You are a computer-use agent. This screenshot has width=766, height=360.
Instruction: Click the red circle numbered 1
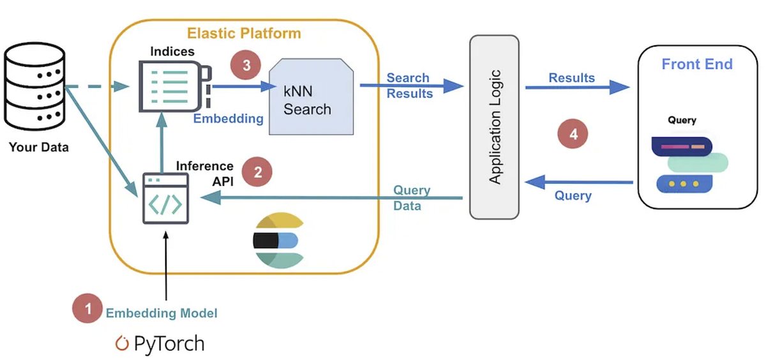click(88, 310)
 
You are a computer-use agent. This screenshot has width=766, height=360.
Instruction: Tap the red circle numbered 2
click(257, 172)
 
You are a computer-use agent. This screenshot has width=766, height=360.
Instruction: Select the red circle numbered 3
click(246, 66)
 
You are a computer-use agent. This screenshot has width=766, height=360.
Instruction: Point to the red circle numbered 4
click(573, 135)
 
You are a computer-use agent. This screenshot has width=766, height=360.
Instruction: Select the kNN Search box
click(311, 96)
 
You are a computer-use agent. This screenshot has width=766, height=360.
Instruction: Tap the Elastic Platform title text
click(243, 33)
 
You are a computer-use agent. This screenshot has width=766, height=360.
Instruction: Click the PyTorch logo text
click(160, 344)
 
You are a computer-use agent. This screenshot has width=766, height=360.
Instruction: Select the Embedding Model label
click(161, 313)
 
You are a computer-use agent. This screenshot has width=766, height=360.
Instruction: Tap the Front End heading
click(697, 64)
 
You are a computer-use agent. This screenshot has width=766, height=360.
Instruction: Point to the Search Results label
click(410, 86)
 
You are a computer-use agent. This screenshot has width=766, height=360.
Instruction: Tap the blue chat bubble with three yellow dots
click(684, 184)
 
